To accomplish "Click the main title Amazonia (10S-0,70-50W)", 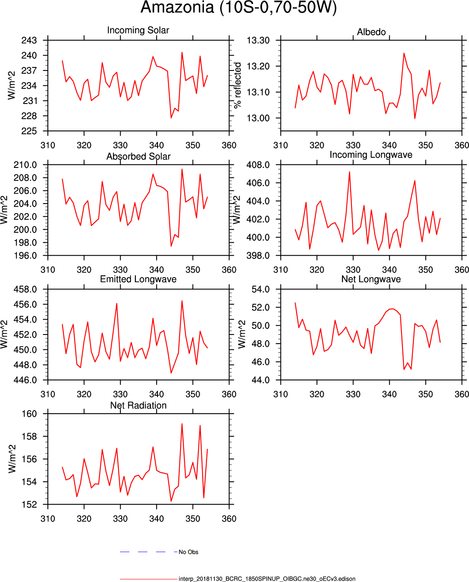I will coord(238,7).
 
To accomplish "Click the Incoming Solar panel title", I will coord(138,30).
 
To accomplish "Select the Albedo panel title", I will coord(371,32).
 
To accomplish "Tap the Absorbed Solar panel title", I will coord(138,156).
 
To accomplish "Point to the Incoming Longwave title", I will coord(371,154).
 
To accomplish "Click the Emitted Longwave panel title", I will coord(138,279).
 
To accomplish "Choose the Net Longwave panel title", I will coord(371,279).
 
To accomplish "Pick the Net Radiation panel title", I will coord(138,405).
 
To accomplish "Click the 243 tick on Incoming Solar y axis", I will coord(29,40).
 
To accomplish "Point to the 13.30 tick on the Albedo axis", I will coord(258,40).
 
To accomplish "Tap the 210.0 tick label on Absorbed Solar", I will coord(25,165).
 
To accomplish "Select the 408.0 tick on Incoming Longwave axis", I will coord(258,165).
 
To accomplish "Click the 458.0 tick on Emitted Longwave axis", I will coord(25,289).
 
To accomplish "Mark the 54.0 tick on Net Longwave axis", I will coord(261,289).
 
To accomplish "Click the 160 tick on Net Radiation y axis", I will coord(29,414).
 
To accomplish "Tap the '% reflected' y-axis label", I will coord(237,85).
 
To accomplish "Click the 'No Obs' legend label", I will coord(188,552).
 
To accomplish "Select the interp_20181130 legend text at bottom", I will coord(267,579).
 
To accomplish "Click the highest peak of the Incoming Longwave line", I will coord(349,172).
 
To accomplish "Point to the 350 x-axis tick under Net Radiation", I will coord(193,518).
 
